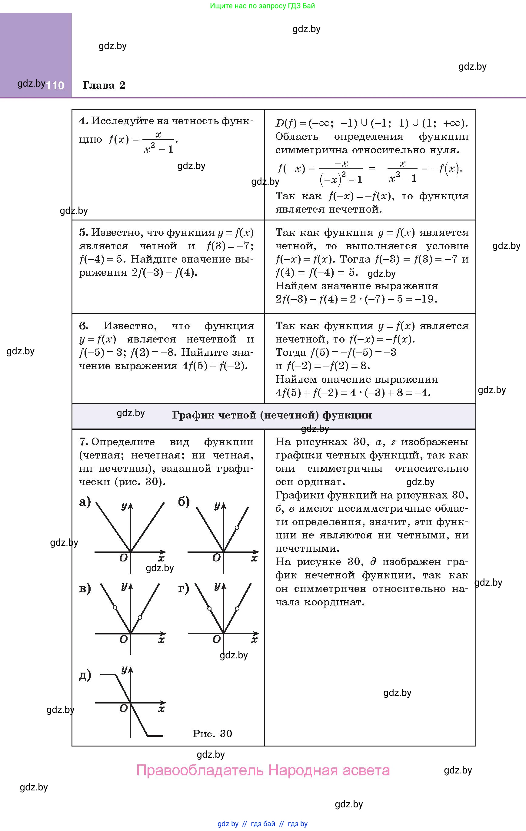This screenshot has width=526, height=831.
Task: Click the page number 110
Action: [55, 85]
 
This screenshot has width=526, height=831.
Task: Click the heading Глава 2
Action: [104, 85]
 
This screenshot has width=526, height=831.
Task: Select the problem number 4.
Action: [84, 121]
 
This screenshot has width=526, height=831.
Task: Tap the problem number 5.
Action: [84, 233]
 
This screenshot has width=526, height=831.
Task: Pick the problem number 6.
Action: [84, 326]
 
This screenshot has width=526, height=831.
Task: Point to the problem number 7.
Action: [84, 442]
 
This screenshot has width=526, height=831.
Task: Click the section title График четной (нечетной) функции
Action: [272, 415]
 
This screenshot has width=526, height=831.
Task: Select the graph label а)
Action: [85, 502]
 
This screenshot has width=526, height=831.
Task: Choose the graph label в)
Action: [85, 588]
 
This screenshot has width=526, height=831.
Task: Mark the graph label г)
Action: [184, 588]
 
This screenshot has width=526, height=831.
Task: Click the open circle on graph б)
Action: [237, 528]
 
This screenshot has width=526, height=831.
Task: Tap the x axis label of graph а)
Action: [161, 558]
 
